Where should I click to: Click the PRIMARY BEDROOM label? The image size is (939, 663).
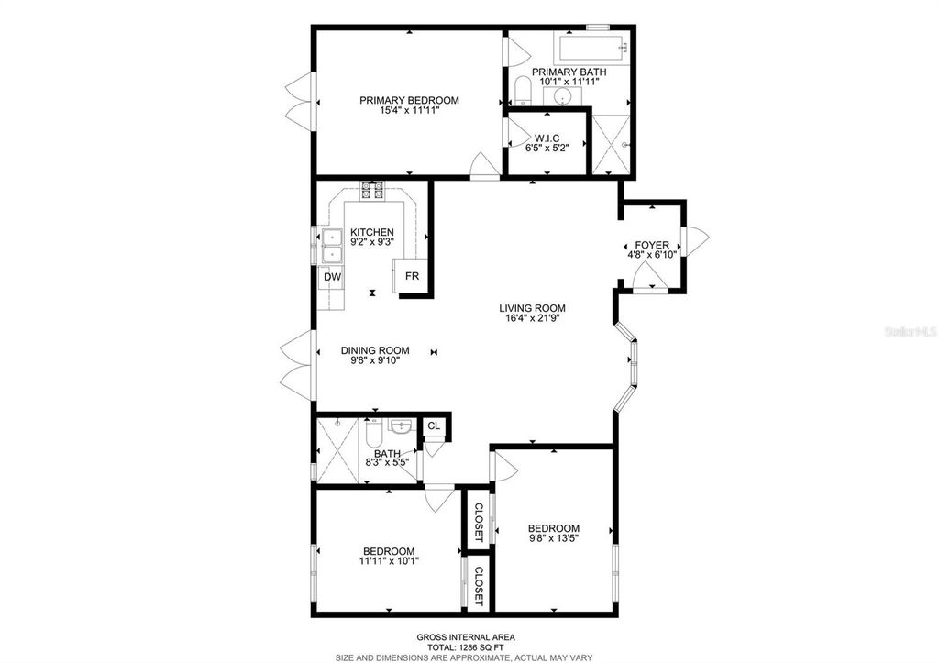(x=409, y=101)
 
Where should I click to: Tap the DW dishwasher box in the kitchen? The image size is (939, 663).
(x=330, y=276)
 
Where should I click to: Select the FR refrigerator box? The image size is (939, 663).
(x=412, y=276)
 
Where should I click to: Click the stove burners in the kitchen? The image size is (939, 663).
(x=372, y=191)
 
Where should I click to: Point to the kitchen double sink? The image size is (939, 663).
(x=330, y=245)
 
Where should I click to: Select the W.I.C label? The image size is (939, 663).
(x=547, y=138)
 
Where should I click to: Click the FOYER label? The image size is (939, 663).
(x=659, y=246)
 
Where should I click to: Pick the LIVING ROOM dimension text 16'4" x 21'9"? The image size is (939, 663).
(x=532, y=320)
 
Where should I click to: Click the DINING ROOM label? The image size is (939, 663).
(x=375, y=350)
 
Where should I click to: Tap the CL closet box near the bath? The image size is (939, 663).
(x=434, y=426)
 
